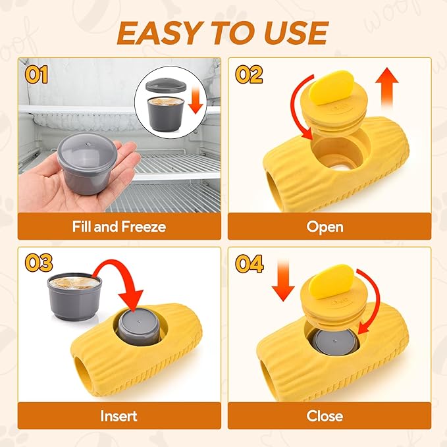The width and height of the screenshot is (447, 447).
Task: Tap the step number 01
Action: click(37, 74)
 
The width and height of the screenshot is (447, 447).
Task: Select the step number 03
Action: click(38, 263)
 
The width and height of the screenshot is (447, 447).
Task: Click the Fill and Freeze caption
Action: click(118, 227)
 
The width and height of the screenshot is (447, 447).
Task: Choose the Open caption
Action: click(325, 227)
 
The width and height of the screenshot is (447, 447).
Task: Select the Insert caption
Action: click(118, 415)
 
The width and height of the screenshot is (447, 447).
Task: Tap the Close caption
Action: click(325, 415)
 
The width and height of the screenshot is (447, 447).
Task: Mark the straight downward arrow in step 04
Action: click(284, 280)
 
